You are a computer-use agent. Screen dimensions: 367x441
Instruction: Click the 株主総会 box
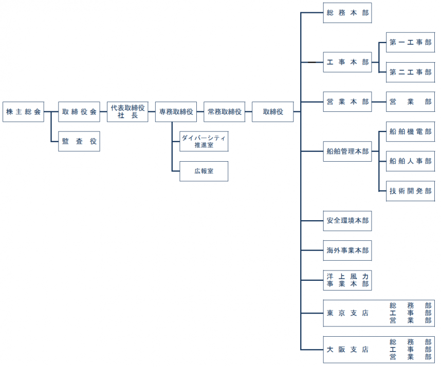[x=23, y=111]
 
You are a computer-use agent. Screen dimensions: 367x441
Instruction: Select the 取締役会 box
[x=79, y=111]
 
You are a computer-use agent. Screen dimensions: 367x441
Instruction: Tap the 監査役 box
[x=79, y=141]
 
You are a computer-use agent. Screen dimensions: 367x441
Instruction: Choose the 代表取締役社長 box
[x=127, y=111]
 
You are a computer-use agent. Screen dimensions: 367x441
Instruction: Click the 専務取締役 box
[x=176, y=111]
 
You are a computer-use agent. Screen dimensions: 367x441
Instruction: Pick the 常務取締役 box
[x=225, y=111]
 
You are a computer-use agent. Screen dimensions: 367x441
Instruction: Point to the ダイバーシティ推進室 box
[x=204, y=141]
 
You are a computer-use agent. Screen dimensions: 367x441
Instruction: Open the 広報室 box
[x=204, y=171]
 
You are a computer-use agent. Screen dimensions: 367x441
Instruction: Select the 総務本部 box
[x=347, y=13]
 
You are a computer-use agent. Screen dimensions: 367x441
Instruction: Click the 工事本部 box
[x=347, y=62]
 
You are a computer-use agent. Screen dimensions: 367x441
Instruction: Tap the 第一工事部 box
[x=410, y=43]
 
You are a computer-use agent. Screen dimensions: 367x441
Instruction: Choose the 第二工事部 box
[x=410, y=72]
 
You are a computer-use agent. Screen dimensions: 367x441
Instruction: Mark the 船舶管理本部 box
[x=347, y=151]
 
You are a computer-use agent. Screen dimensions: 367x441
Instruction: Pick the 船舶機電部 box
[x=410, y=131]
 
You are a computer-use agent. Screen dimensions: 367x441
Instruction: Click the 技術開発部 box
[x=410, y=191]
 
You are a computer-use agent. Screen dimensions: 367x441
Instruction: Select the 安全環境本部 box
[x=347, y=221]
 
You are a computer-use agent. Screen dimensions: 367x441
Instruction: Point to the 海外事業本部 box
[x=347, y=250]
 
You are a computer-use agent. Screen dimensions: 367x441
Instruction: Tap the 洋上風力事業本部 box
[x=347, y=280]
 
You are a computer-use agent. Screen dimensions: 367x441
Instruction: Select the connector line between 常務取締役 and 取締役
[x=248, y=111]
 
